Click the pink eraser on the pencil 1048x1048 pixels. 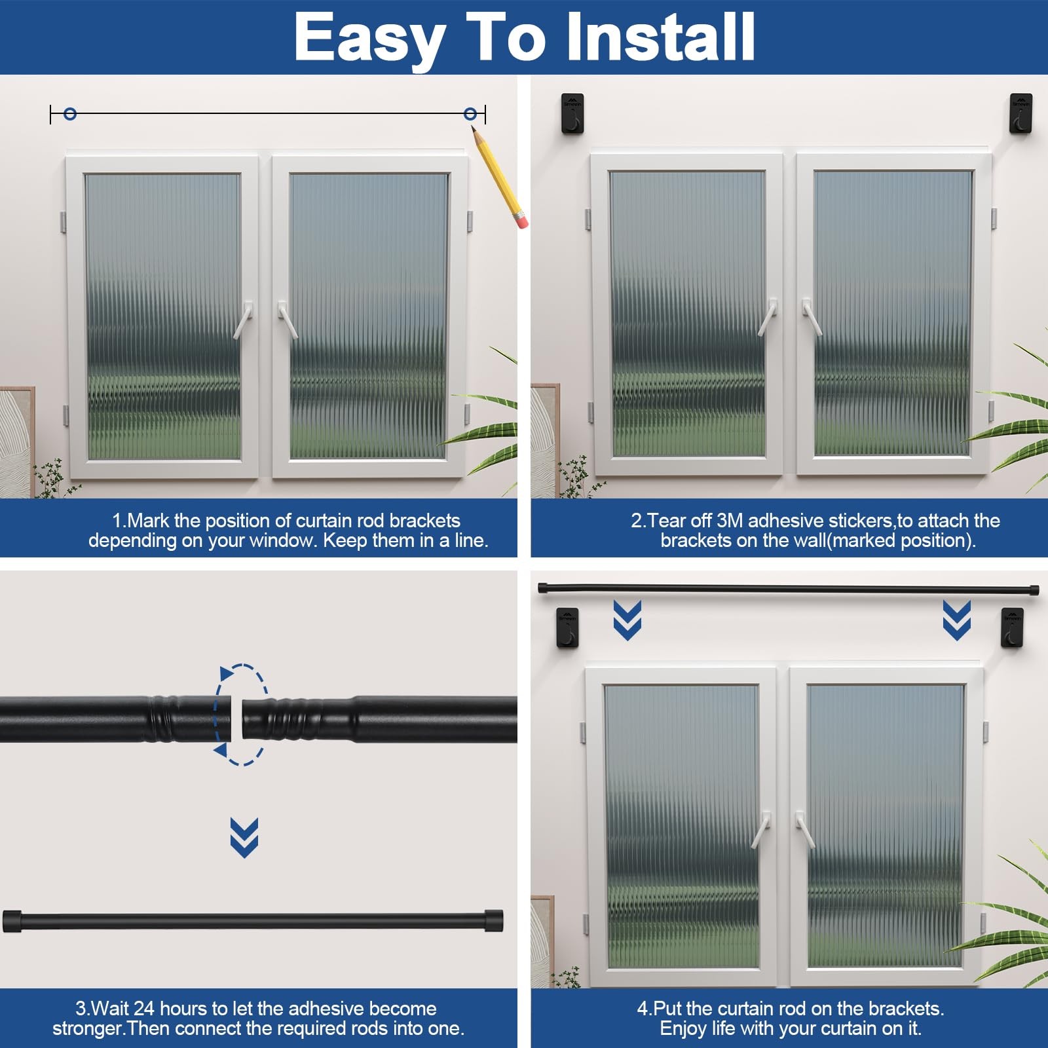click(522, 221)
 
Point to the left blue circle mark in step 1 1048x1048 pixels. click(70, 114)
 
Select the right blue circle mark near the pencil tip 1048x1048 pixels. click(470, 114)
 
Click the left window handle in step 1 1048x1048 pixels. click(243, 320)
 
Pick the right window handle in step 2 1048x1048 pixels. click(812, 317)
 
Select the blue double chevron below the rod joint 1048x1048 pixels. click(244, 838)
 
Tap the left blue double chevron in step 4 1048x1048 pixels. click(627, 620)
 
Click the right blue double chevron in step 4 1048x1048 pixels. click(957, 620)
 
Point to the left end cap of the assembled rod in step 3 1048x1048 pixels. click(12, 921)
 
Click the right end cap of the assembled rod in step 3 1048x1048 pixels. click(494, 921)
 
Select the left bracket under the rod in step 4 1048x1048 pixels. click(567, 627)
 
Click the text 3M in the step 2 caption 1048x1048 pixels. click(730, 521)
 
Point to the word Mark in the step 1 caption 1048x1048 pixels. click(149, 521)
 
